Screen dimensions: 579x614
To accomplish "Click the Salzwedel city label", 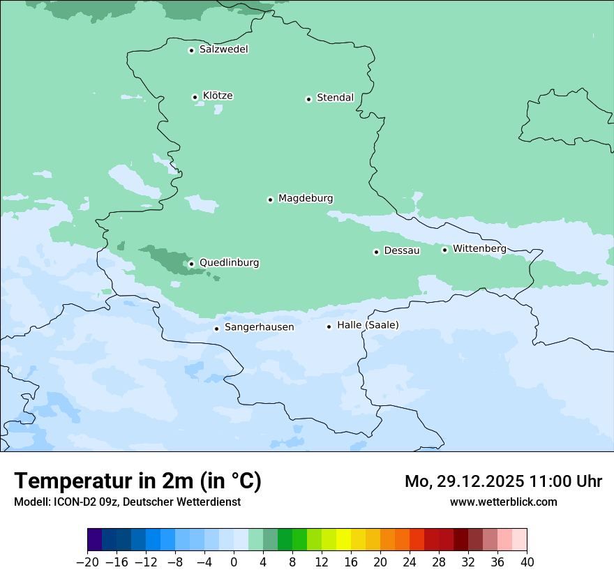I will coord(223,50).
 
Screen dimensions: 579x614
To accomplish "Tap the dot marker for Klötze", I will coord(195,97).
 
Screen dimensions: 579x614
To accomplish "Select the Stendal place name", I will coord(335,98).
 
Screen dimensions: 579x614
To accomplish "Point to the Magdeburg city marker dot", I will coord(270,200).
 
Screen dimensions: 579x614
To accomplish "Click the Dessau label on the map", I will coord(402,250).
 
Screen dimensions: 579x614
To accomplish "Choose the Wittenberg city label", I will coord(479,248).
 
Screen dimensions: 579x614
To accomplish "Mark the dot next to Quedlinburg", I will coord(191,264).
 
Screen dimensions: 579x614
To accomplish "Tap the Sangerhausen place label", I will coord(259,327).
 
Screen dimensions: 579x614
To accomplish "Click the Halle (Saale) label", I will coord(368,325).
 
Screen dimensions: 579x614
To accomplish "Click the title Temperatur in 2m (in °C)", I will coord(137,481).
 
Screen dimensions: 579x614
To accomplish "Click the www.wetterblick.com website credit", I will coord(503,502).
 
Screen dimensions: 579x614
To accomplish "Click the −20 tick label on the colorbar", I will coord(87,562).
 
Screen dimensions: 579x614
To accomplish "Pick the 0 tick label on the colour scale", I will coord(234,562).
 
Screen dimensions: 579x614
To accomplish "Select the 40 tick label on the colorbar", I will coord(527,562).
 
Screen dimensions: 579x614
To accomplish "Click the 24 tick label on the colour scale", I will coord(410,562).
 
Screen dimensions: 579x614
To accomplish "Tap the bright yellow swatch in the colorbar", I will coord(343,540).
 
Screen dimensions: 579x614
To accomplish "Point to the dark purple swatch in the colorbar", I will coord(95,540).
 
